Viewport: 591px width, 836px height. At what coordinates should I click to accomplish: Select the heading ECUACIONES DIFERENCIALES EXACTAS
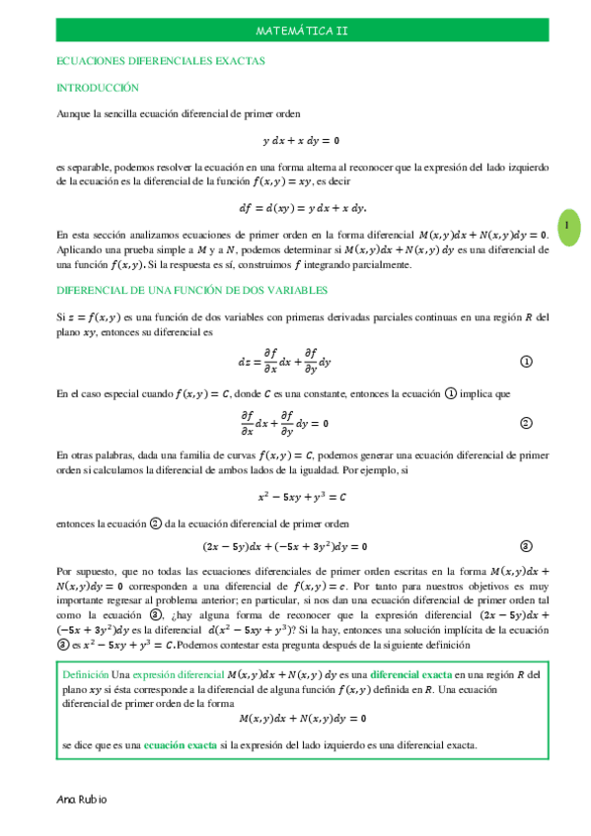tap(161, 61)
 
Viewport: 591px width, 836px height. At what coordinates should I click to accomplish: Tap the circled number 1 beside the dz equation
tap(526, 362)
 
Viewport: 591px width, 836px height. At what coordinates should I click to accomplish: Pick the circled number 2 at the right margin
tap(526, 423)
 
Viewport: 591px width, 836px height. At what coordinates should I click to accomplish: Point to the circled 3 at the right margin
tap(526, 546)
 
